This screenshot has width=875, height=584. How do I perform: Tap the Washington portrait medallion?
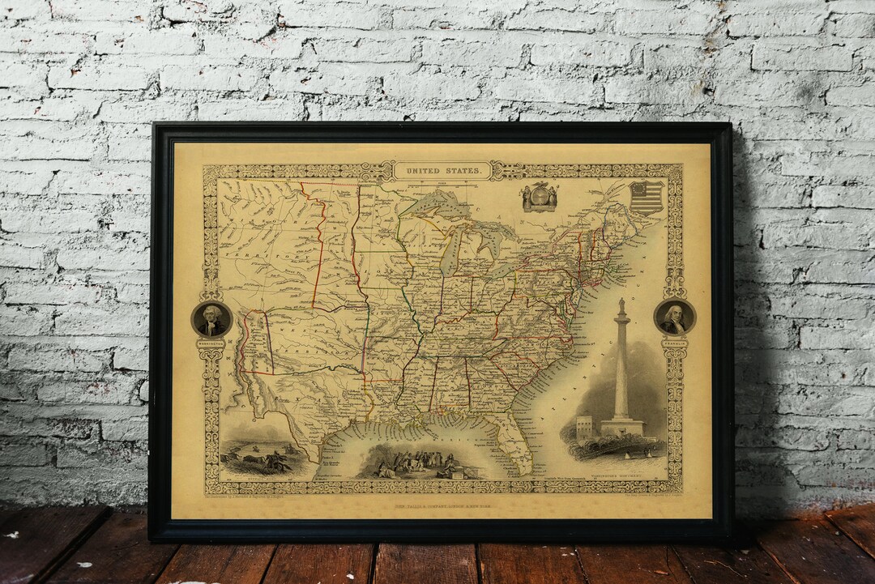[211, 319]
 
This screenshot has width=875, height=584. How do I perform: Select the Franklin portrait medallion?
[674, 317]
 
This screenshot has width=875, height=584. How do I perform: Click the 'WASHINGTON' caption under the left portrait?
[211, 343]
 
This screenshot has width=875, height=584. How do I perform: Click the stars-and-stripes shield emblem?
[646, 197]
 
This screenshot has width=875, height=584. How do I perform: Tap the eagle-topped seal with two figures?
[540, 197]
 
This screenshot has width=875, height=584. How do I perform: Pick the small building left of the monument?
[584, 428]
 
